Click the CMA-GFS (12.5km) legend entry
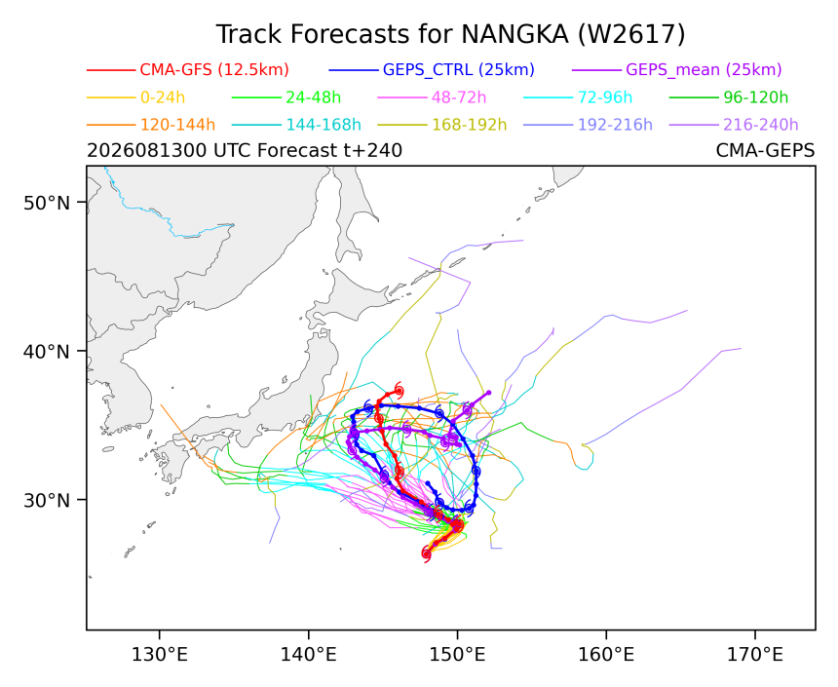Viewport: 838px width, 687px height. click(214, 70)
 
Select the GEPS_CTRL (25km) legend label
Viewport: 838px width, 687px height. click(459, 70)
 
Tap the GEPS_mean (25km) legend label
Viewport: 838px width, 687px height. click(704, 70)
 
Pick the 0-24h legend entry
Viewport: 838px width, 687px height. click(163, 97)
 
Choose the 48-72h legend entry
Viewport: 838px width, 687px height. click(459, 97)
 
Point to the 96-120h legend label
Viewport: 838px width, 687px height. click(756, 97)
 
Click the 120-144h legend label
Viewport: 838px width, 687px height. click(177, 125)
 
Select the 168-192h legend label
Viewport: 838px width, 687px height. click(470, 125)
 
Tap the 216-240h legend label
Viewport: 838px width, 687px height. click(760, 125)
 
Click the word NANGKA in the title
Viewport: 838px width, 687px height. click(514, 35)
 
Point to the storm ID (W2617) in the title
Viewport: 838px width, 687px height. click(631, 35)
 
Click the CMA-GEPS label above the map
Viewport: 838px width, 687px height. click(765, 151)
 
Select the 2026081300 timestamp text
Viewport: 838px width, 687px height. click(147, 151)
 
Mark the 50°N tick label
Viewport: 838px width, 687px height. click(47, 203)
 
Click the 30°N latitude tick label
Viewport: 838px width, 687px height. click(47, 501)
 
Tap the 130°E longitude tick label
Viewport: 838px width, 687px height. click(159, 653)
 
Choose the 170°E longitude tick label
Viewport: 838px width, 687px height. click(755, 653)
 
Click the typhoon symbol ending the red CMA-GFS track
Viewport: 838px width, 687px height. click(399, 390)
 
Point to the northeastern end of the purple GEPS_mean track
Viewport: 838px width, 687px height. click(488, 393)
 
